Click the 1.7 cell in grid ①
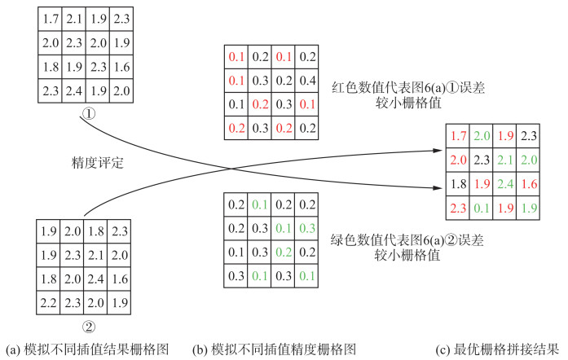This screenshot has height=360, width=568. [x=51, y=17]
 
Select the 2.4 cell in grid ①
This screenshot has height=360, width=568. [x=73, y=90]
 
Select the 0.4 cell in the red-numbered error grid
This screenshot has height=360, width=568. [x=308, y=81]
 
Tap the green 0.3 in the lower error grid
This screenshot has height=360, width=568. [x=308, y=228]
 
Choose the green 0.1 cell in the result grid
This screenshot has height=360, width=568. [x=482, y=207]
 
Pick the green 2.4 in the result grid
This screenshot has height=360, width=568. [x=505, y=183]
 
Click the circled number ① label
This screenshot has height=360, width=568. [x=90, y=115]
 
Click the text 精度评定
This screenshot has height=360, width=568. [x=97, y=161]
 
